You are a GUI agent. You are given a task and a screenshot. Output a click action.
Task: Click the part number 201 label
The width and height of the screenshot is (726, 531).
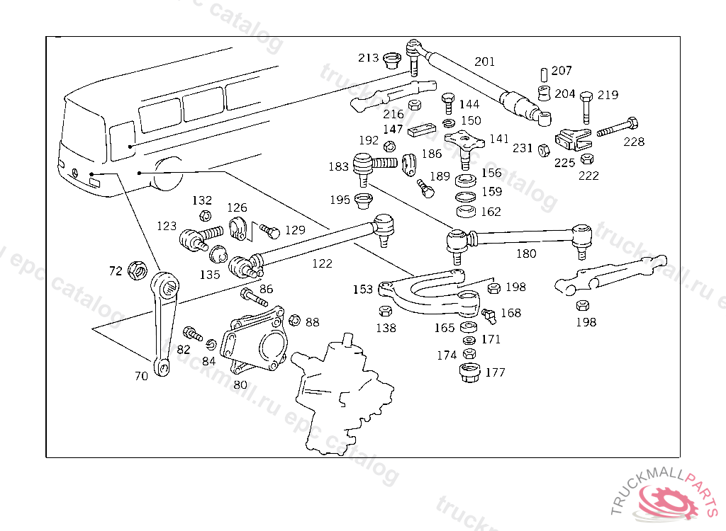[485, 62]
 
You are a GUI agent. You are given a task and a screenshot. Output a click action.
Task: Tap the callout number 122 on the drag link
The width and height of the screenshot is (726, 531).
[322, 263]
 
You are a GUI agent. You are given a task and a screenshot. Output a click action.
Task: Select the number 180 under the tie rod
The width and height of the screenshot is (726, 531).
[526, 253]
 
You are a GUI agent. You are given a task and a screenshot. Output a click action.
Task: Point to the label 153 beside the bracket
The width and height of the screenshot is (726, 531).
[363, 290]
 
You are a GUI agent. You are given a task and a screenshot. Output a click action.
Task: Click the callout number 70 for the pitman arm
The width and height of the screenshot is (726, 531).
[141, 376]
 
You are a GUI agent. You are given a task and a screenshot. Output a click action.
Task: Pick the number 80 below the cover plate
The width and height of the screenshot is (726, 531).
[240, 384]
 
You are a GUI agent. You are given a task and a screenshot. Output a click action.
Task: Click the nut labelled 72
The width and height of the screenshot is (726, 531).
[138, 270]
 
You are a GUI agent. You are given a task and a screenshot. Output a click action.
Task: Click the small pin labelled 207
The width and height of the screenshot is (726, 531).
[543, 73]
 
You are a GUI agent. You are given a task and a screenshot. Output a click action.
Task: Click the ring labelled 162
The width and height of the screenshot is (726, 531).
[466, 211]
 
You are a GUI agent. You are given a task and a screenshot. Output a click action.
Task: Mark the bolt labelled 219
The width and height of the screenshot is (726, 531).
[586, 105]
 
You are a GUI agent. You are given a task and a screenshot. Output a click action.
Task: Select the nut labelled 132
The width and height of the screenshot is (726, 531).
[203, 215]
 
